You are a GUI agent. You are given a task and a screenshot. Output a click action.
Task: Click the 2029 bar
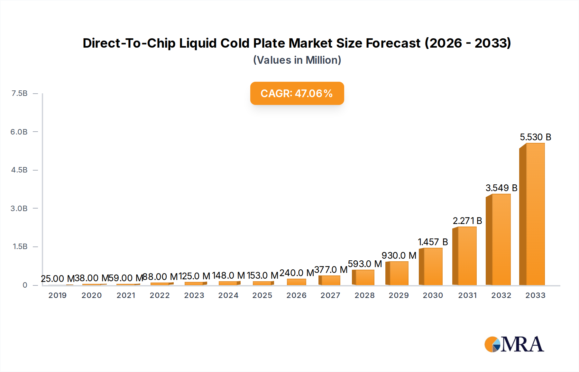pyautogui.click(x=398, y=273)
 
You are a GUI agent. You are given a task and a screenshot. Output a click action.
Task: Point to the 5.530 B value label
pyautogui.click(x=535, y=137)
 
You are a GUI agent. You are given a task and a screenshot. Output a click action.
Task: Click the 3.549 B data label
pyautogui.click(x=501, y=188)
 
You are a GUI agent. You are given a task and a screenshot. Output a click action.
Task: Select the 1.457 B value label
pyautogui.click(x=433, y=242)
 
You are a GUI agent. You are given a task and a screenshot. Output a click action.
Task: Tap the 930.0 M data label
pyautogui.click(x=399, y=256)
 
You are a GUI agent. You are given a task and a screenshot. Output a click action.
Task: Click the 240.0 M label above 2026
pyautogui.click(x=297, y=273)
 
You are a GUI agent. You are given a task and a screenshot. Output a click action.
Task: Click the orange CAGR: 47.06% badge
pyautogui.click(x=297, y=93)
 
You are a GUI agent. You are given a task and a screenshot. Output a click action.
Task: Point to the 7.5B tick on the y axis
pyautogui.click(x=19, y=93)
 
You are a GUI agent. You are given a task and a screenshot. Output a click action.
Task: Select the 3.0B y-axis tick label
pyautogui.click(x=19, y=209)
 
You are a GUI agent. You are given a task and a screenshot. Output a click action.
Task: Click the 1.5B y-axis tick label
pyautogui.click(x=20, y=246)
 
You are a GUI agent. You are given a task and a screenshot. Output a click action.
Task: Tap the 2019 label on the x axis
pyautogui.click(x=58, y=295)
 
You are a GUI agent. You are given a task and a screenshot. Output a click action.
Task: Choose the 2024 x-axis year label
pyautogui.click(x=228, y=295)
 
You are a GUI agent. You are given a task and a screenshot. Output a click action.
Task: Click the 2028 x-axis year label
pyautogui.click(x=365, y=295)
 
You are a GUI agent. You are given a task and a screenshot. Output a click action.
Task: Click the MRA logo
pyautogui.click(x=514, y=344)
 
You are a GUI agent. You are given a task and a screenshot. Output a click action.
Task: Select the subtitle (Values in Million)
pyautogui.click(x=297, y=60)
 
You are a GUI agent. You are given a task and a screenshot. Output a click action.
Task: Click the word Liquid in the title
pyautogui.click(x=198, y=43)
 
